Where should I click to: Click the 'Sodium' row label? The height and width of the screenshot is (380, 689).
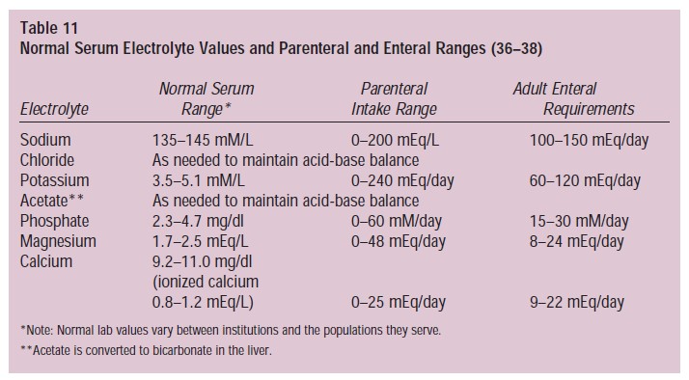(x=45, y=141)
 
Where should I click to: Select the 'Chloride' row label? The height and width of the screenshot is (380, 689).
(x=47, y=160)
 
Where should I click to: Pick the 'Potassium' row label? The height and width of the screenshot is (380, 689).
(x=54, y=180)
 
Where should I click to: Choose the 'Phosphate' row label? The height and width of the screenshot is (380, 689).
(x=54, y=221)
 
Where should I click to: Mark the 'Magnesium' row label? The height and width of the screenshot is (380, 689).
(x=58, y=241)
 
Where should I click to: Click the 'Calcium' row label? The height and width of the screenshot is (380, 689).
(x=46, y=261)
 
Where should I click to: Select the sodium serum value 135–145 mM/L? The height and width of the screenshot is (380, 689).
(x=209, y=141)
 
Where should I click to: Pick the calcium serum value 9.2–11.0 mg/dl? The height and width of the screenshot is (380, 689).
(x=207, y=261)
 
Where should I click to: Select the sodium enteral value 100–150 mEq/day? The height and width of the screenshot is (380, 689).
(x=589, y=141)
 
